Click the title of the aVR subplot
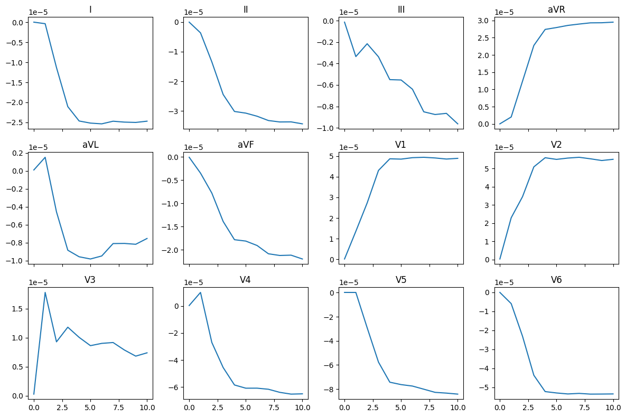pos(556,10)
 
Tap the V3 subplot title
pos(90,280)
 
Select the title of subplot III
pos(401,10)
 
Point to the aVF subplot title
pos(246,145)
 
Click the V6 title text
pos(556,280)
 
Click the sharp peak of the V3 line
pos(45,292)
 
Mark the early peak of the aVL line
pos(45,157)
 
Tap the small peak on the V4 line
pos(200,292)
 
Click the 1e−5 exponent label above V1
pos(350,147)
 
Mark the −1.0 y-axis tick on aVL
pos(17,261)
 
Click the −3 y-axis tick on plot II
pos(176,111)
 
